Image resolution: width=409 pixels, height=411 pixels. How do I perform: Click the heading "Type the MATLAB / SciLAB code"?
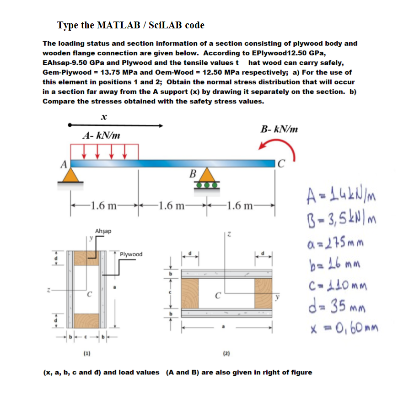[x=130, y=25]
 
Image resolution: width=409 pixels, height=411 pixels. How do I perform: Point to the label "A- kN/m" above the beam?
[x=102, y=135]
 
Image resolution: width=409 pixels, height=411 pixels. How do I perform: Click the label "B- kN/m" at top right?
[x=279, y=129]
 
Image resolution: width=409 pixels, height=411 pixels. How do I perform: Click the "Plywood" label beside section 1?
[x=131, y=254]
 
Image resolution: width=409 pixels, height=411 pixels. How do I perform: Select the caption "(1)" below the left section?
[x=86, y=353]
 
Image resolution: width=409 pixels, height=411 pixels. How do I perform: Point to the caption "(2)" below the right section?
[x=226, y=353]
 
